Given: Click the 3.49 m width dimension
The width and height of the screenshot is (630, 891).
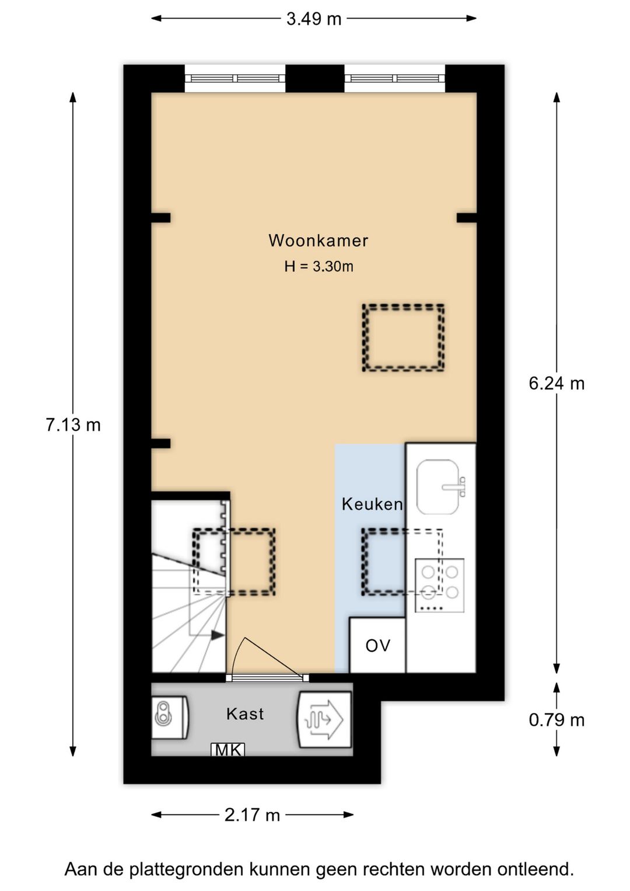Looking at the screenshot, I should point(313,19).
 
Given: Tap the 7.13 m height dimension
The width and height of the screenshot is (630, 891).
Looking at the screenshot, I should point(73,424).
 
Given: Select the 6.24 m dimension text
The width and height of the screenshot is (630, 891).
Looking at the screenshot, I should point(556,383).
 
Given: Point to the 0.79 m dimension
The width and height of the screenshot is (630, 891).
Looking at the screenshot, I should point(556,720).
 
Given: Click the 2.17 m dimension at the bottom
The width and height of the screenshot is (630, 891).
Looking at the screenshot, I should point(252,815).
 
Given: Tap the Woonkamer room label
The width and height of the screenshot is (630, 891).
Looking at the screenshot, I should point(318,241).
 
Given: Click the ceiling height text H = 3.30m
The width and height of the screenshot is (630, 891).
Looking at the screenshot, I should point(318,267).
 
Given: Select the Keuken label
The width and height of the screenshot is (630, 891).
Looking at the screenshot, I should point(372,504).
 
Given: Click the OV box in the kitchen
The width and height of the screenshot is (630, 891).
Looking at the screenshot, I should point(377,645).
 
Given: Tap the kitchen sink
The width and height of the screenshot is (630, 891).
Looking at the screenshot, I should point(439,486).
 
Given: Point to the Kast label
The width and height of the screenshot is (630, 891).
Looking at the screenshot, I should point(245,714).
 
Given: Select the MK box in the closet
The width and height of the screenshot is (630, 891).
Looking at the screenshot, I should point(228,750).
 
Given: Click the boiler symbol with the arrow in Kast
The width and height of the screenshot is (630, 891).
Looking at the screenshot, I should point(324,719).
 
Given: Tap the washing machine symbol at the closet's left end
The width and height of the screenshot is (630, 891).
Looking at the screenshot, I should point(169,717).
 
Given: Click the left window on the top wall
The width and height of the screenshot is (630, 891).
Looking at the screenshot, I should point(235,79).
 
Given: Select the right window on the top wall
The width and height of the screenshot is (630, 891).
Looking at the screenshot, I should point(394,79).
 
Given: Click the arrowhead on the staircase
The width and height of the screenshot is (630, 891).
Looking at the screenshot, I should point(218,635).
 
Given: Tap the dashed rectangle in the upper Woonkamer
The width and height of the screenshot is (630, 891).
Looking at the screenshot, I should point(403,337).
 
